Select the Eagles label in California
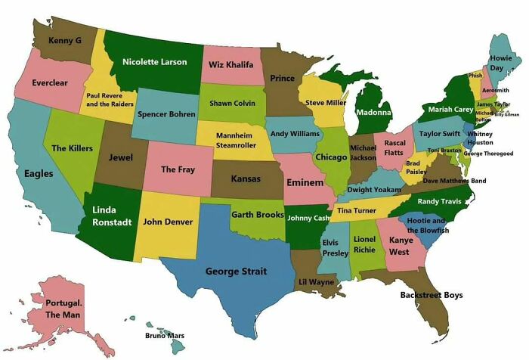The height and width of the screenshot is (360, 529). point(38,173)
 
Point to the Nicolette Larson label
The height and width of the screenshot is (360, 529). point(154,62)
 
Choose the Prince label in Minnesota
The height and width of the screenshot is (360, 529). point(283,78)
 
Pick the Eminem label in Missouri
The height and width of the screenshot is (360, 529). point(305,182)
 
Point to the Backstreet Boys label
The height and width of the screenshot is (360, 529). point(431,295)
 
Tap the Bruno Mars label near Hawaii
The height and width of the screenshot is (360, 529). point(164,335)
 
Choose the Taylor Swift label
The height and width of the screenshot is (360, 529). point(440,133)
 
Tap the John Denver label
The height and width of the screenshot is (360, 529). point(168,222)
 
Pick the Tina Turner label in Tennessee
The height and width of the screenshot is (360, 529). point(356,209)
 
